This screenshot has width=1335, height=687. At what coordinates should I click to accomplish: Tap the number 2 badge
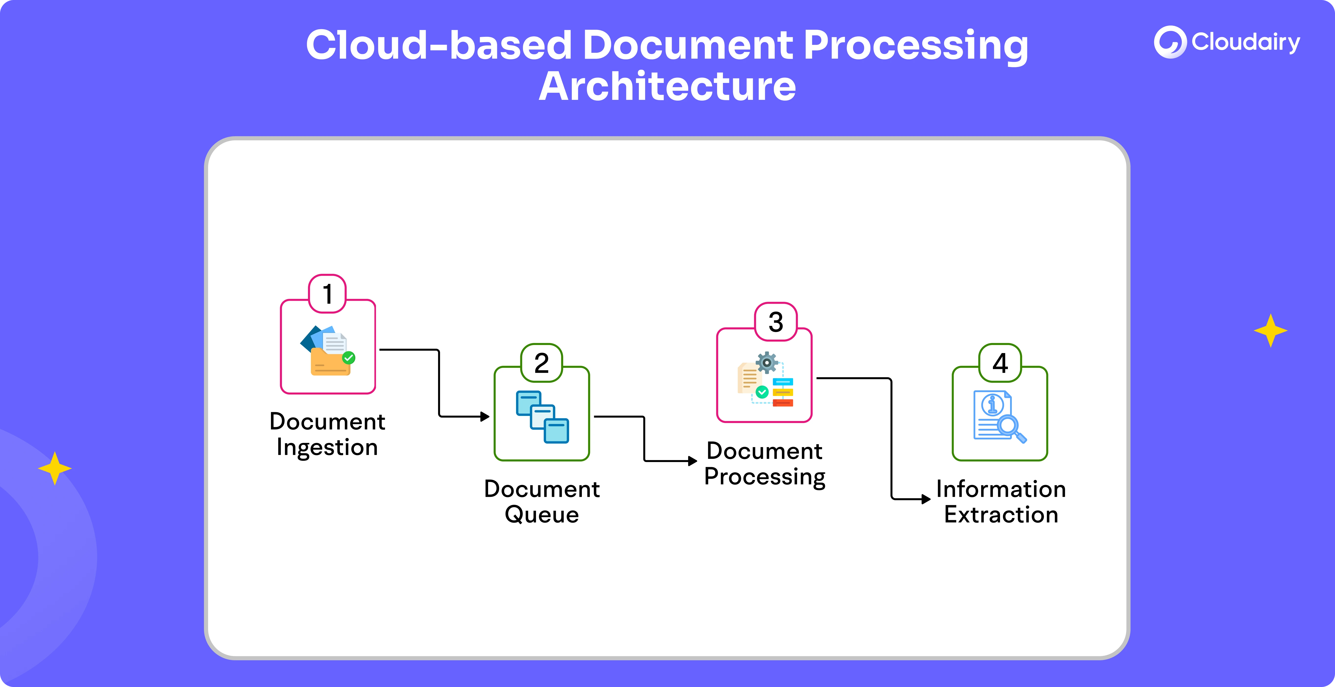pos(542,363)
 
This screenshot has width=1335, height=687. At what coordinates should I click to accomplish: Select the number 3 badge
pos(776,322)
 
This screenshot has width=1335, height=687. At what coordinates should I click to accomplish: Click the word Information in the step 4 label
pos(1001,489)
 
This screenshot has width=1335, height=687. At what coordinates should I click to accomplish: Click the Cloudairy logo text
pos(1245,42)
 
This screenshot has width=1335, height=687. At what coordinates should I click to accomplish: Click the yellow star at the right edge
pos(1270,330)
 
